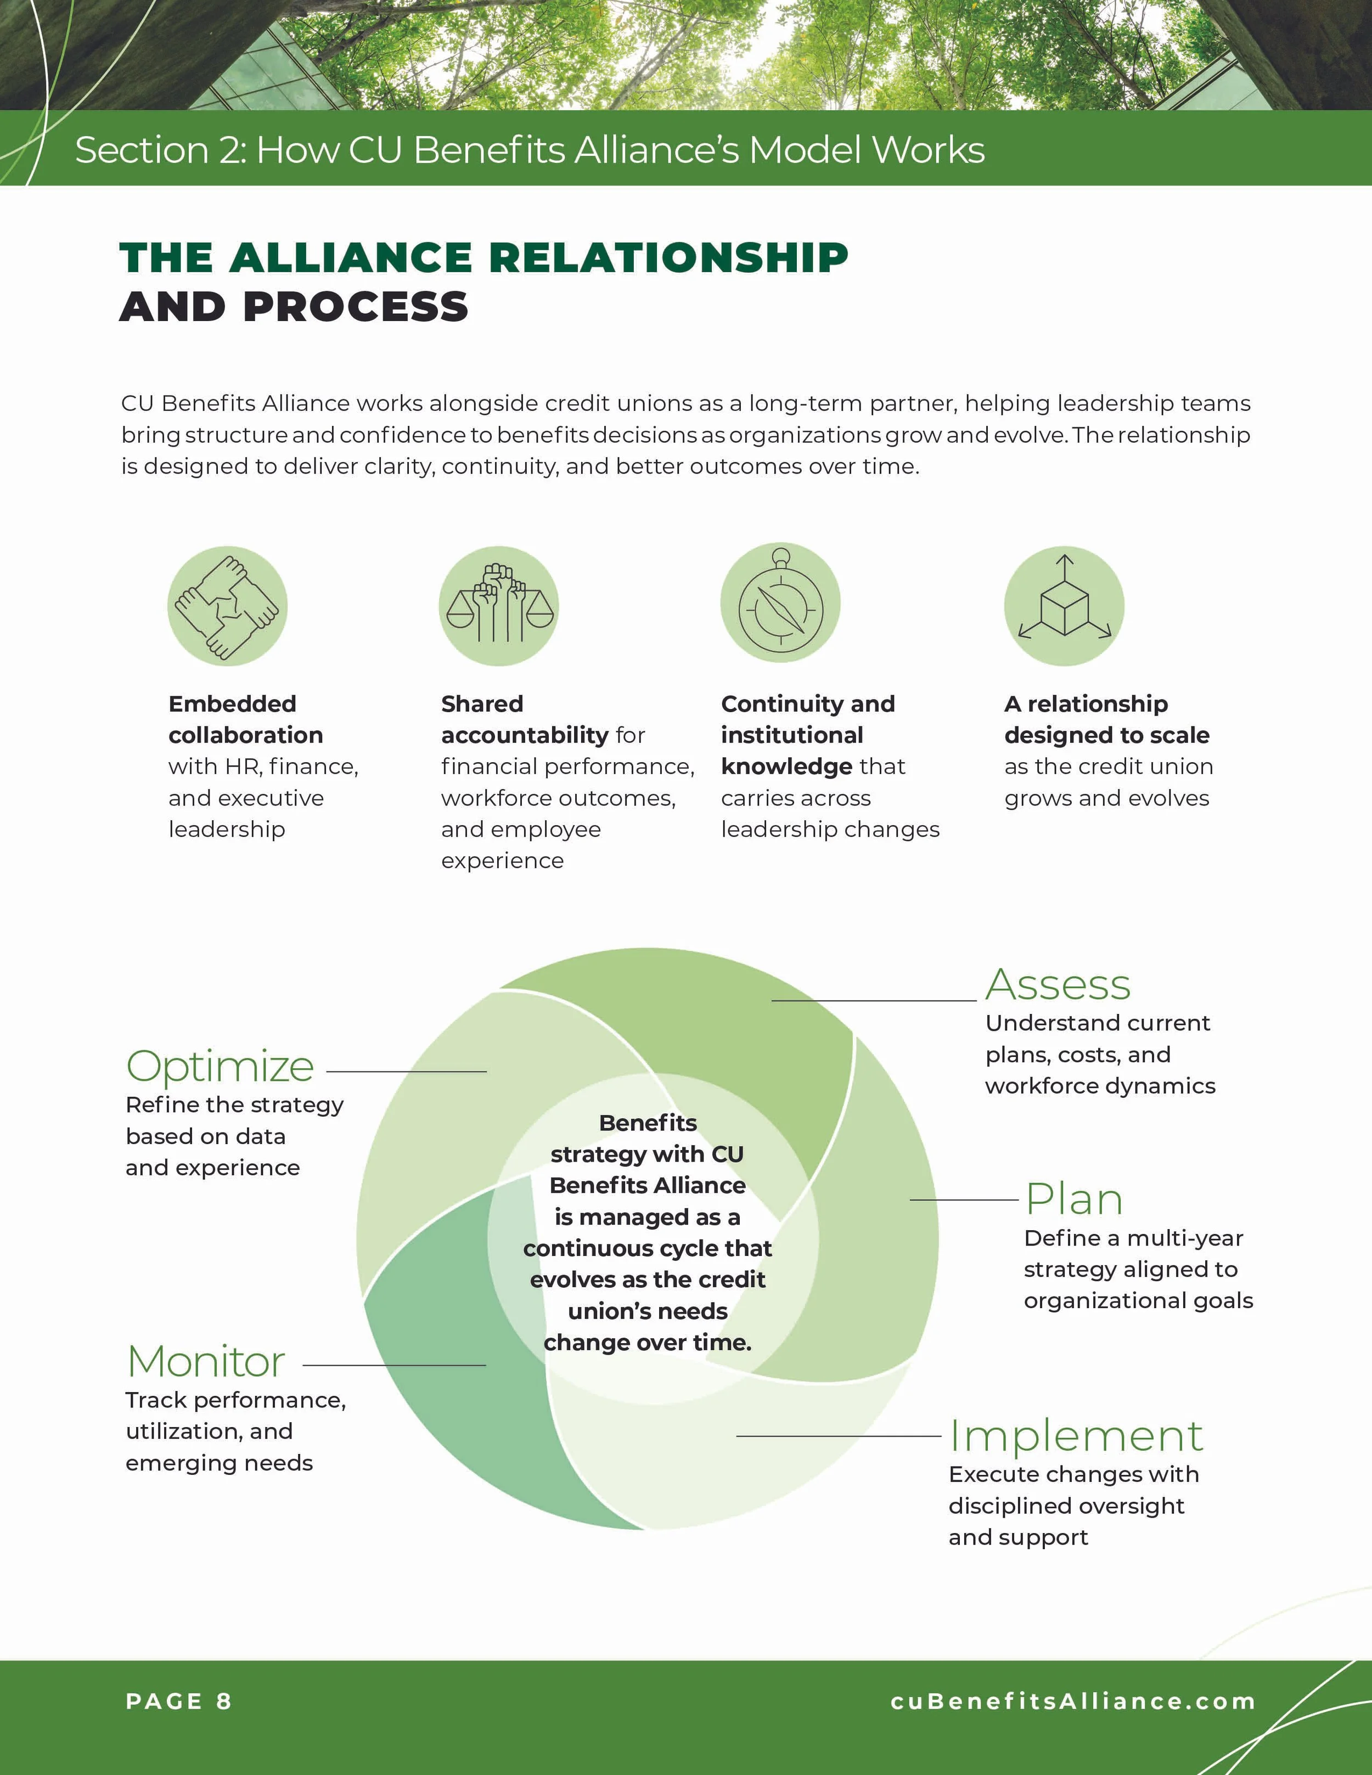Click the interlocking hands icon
[x=228, y=606]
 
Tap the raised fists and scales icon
[x=499, y=606]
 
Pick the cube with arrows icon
[x=1064, y=606]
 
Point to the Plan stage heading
[x=1073, y=1199]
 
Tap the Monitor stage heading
[x=206, y=1361]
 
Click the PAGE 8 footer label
[x=179, y=1701]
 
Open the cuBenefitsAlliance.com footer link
[x=1073, y=1701]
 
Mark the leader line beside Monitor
[x=394, y=1365]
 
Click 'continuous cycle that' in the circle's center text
[x=648, y=1248]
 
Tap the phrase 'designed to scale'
[x=1107, y=735]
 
